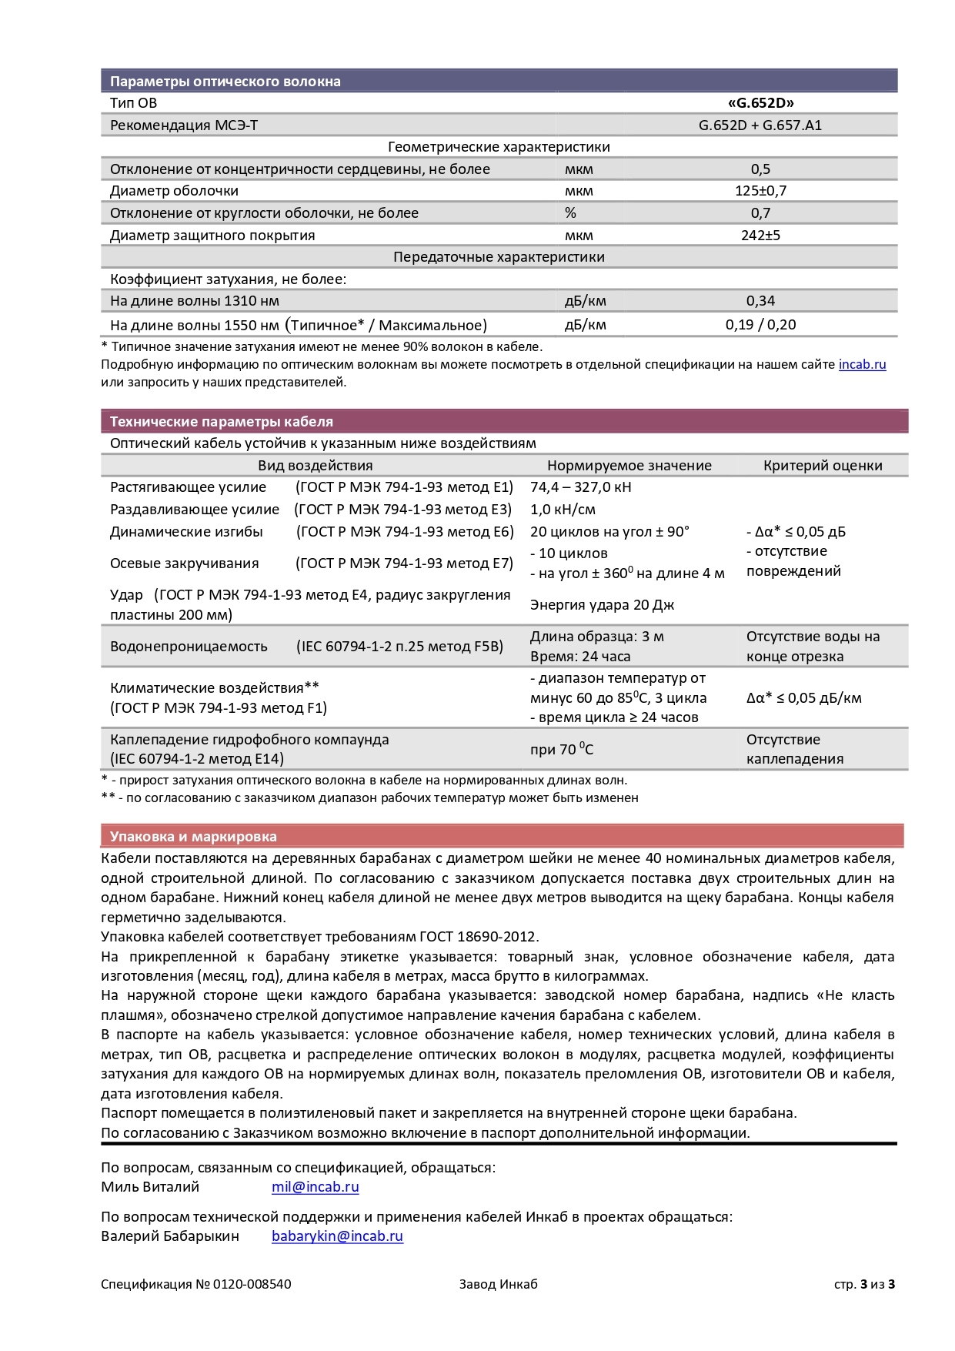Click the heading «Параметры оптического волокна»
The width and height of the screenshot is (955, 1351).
(x=225, y=82)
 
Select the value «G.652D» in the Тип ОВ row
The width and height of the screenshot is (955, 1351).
(x=760, y=103)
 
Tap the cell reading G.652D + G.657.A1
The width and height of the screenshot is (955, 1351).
(x=760, y=125)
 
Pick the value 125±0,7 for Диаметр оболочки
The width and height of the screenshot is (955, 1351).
(x=760, y=191)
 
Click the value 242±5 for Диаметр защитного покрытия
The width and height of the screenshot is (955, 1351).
(x=760, y=236)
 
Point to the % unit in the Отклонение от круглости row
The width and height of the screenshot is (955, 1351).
(x=570, y=213)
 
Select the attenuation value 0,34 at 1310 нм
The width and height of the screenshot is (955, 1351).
(x=760, y=301)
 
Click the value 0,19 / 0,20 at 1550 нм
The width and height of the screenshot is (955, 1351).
(x=760, y=325)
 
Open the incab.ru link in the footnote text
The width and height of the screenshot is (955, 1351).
(x=862, y=365)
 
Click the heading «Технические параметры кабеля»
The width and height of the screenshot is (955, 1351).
(x=222, y=422)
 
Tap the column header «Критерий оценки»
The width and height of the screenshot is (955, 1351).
(x=823, y=466)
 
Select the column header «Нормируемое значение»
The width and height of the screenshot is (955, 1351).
(x=629, y=466)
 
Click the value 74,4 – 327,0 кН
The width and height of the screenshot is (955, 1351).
(x=580, y=487)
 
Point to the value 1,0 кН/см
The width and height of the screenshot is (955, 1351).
(x=563, y=510)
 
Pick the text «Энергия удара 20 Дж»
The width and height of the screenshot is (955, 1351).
(x=602, y=605)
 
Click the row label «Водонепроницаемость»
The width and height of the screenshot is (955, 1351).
(x=189, y=647)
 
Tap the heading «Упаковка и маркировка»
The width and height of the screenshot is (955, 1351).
(x=193, y=837)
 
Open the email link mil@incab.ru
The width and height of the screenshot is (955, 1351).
(x=315, y=1187)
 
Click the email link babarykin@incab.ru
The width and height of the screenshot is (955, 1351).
(x=337, y=1236)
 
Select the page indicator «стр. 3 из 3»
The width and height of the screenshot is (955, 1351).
(x=864, y=1284)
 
